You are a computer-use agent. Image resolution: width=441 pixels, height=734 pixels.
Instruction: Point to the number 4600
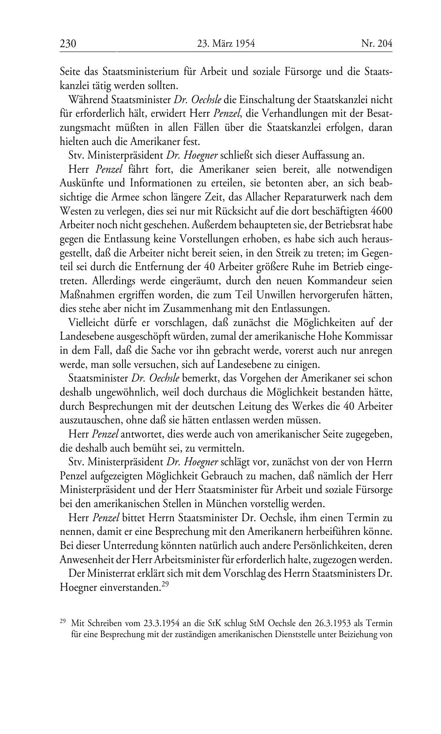coord(381,211)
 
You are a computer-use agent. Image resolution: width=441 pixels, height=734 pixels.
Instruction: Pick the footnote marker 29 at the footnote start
coord(63,622)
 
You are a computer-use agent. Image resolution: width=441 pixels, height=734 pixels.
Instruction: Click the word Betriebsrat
coord(346,225)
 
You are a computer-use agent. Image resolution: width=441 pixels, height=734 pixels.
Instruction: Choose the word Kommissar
coord(370,337)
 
